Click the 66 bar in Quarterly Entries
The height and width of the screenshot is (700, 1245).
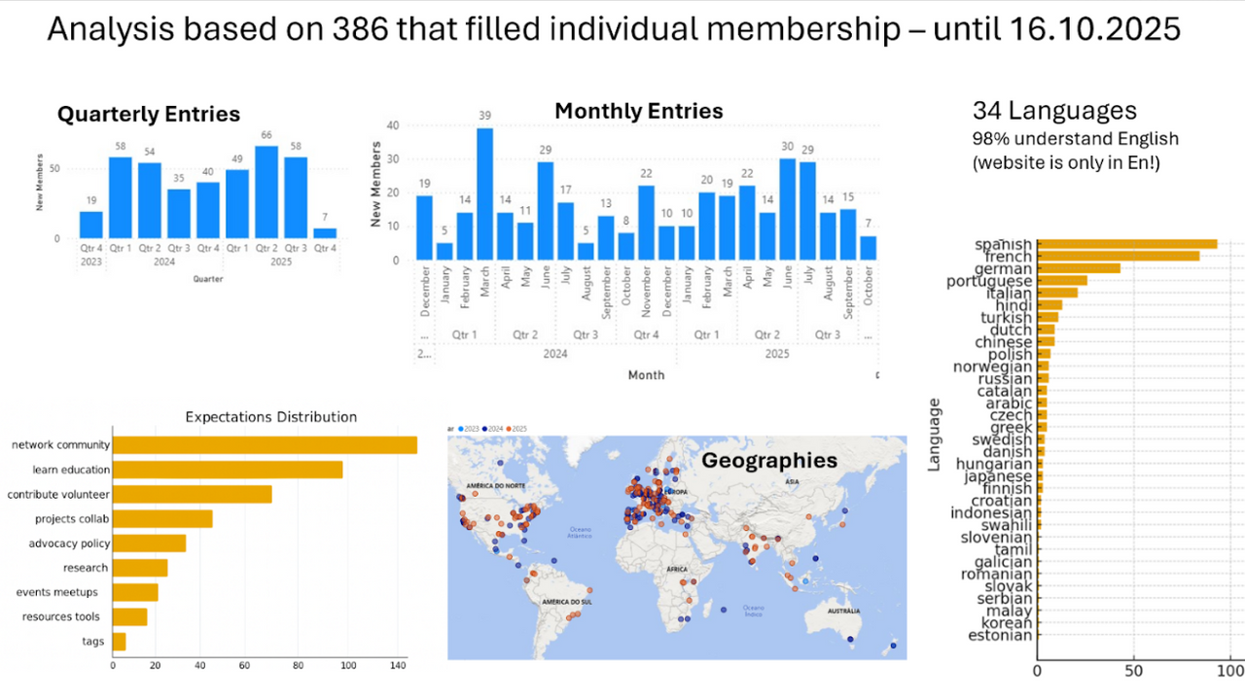pyautogui.click(x=267, y=192)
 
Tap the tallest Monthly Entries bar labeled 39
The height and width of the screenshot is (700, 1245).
pyautogui.click(x=484, y=194)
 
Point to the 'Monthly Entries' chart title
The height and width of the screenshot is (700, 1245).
pyautogui.click(x=638, y=111)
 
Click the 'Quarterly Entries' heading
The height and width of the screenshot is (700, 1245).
pyautogui.click(x=149, y=115)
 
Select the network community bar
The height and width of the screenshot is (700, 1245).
pyautogui.click(x=265, y=445)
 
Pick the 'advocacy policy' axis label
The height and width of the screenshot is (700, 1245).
pyautogui.click(x=69, y=543)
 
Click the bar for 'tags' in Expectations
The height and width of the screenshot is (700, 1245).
pyautogui.click(x=120, y=642)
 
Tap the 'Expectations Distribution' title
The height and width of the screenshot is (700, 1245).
pyautogui.click(x=271, y=417)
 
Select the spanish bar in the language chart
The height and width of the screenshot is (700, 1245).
pyautogui.click(x=1127, y=244)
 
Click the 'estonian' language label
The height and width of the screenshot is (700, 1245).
pyautogui.click(x=1000, y=636)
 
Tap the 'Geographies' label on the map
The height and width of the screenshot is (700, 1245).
pyautogui.click(x=769, y=460)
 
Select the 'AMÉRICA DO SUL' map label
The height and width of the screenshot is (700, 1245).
pyautogui.click(x=568, y=603)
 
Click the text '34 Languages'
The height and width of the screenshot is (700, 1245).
pyautogui.click(x=1054, y=110)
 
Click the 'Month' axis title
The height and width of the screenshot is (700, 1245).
pyautogui.click(x=646, y=374)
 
